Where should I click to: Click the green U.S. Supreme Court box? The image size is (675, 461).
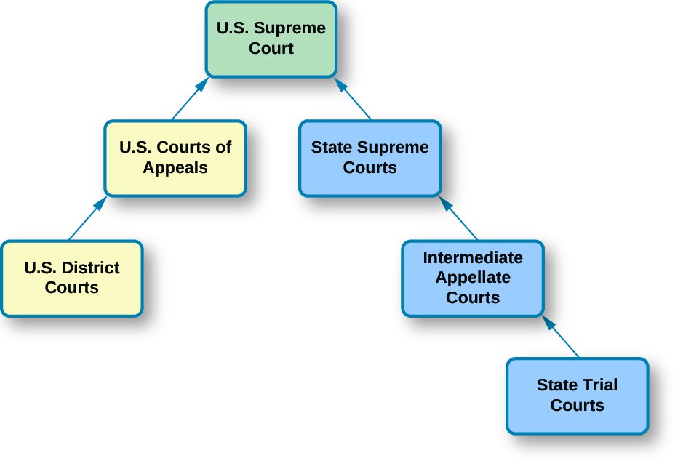[x=271, y=39]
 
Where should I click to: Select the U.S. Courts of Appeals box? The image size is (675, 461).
[x=175, y=158]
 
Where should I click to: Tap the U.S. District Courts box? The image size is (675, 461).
[x=71, y=278]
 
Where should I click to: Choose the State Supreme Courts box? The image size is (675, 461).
[x=370, y=158]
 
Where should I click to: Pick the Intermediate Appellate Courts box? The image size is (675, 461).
[x=472, y=278]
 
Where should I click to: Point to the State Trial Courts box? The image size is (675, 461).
[x=577, y=396]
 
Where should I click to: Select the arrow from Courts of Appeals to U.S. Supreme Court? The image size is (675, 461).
[x=190, y=99]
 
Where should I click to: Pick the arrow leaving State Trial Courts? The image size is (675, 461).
[x=561, y=336]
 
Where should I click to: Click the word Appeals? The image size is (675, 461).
[x=175, y=168]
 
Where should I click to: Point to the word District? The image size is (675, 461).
[x=90, y=268]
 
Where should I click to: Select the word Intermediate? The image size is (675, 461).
[x=472, y=258]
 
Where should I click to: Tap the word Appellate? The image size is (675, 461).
[x=472, y=278]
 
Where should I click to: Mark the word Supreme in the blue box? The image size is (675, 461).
[x=399, y=148]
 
